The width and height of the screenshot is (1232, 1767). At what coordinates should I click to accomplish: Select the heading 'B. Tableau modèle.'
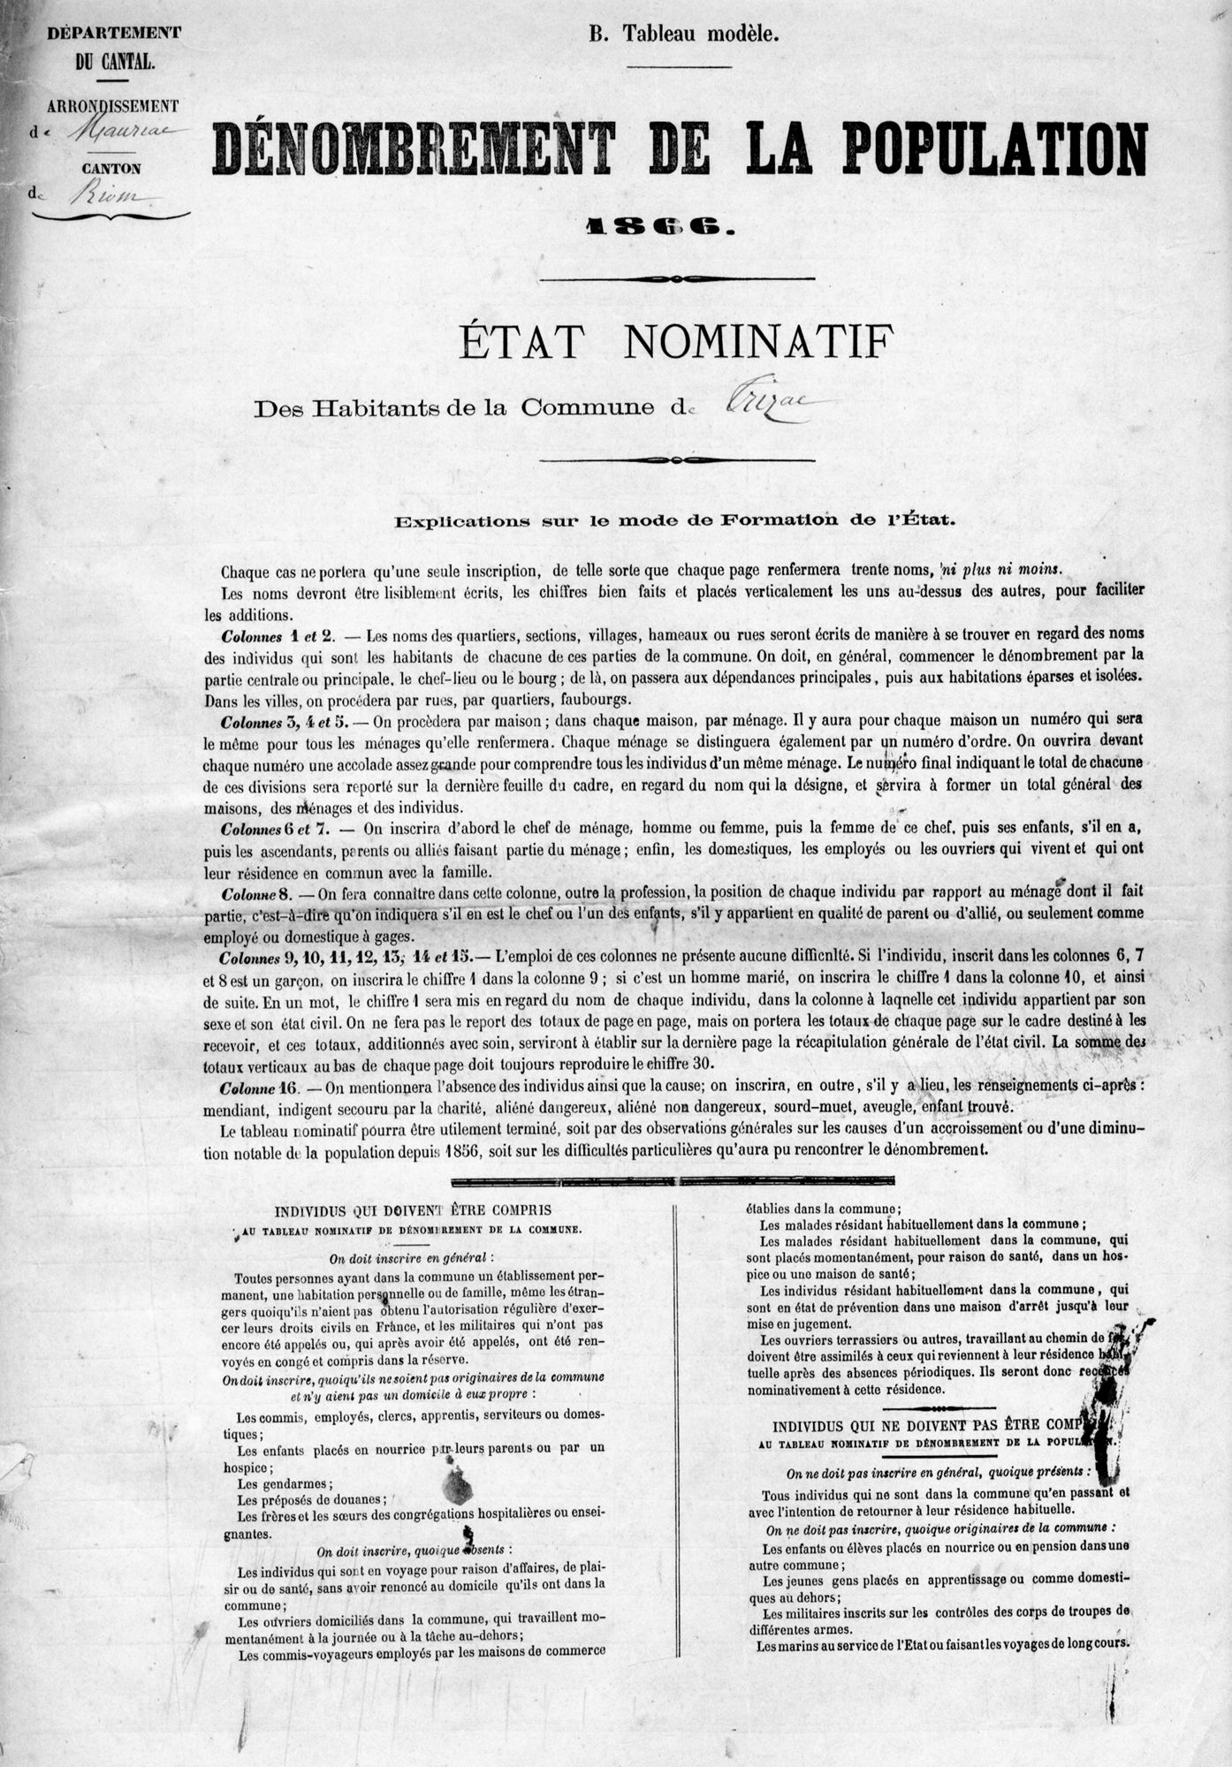pos(684,35)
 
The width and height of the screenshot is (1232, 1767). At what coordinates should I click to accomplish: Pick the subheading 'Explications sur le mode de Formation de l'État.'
pos(675,520)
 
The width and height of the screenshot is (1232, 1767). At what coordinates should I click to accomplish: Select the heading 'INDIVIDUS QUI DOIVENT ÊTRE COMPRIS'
pos(414,1210)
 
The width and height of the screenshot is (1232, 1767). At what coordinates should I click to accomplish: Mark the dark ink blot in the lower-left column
pos(458,1489)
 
